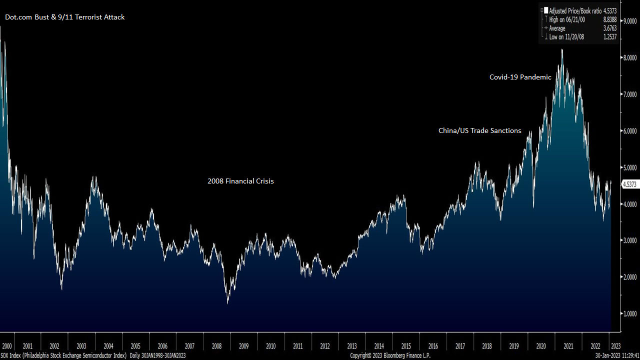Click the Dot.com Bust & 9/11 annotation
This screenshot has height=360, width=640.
[x=64, y=17]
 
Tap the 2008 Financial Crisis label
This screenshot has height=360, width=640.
[x=240, y=181]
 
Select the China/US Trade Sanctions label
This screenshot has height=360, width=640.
[x=479, y=130]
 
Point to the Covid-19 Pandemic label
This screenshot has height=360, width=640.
[x=520, y=77]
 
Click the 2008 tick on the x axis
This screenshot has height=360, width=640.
[x=216, y=346]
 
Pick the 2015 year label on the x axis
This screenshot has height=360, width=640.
[x=405, y=346]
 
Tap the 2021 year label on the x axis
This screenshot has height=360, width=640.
[x=568, y=346]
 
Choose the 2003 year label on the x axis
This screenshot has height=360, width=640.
[x=81, y=346]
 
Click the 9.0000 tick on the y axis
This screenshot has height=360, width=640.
[x=628, y=21]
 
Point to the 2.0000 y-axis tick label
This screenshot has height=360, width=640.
[x=628, y=277]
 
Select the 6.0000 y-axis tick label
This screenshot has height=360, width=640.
[x=628, y=131]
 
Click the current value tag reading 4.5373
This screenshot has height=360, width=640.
[x=629, y=184]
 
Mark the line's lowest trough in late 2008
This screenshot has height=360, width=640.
[x=228, y=302]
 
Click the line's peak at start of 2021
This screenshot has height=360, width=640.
[x=562, y=49]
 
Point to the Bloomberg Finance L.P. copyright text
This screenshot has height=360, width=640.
[x=390, y=355]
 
